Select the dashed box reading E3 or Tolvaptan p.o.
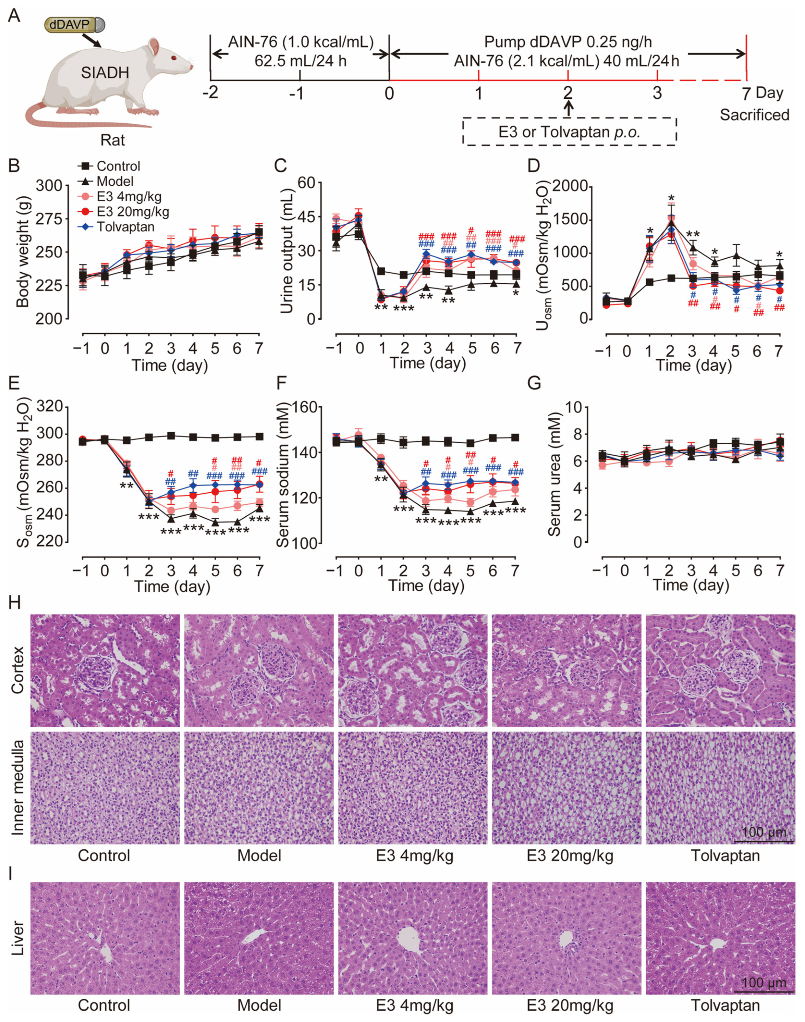tap(569, 132)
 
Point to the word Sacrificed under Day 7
tap(754, 114)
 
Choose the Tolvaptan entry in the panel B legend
tap(125, 227)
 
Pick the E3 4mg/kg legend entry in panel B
tap(128, 196)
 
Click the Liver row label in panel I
tap(17, 938)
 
